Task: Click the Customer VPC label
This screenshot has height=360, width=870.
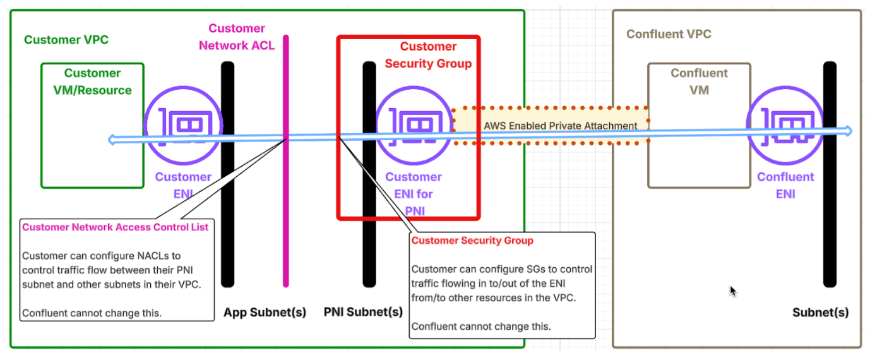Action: pos(66,40)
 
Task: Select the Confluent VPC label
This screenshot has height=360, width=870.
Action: pos(669,34)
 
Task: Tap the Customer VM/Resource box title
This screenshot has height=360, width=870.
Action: pos(92,81)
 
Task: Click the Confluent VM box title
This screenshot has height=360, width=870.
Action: pos(699,81)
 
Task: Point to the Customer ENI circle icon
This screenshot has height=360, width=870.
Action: pos(183,125)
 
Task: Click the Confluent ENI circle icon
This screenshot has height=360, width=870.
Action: pos(785,125)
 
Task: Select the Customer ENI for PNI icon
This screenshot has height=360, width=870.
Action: pos(414,125)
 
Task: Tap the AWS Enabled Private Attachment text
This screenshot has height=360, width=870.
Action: pos(561,126)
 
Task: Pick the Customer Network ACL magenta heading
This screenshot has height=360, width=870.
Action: pos(237,37)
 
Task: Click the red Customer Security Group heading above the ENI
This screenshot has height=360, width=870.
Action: pos(428,55)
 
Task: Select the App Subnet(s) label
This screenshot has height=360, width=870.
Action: pos(265,312)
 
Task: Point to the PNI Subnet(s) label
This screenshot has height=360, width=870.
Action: pos(363,312)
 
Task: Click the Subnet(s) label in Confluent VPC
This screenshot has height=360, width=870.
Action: pos(820,313)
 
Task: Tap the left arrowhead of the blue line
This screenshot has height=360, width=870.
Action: pos(112,140)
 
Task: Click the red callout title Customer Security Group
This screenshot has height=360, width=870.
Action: pos(472,241)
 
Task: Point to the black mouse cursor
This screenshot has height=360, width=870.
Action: pos(732,291)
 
